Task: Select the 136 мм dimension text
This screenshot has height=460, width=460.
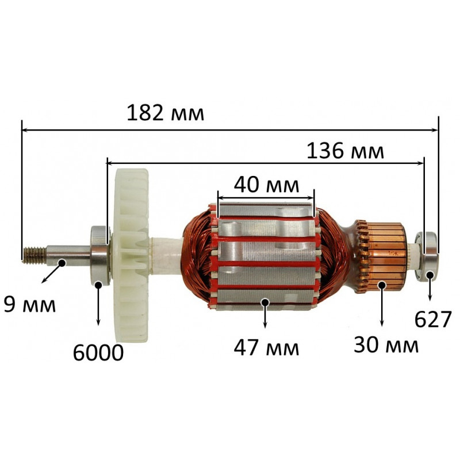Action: pyautogui.click(x=345, y=151)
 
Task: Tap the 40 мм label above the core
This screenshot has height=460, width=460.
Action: pyautogui.click(x=266, y=185)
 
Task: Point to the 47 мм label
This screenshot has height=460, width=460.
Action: pyautogui.click(x=266, y=348)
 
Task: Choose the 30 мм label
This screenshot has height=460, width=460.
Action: pyautogui.click(x=386, y=344)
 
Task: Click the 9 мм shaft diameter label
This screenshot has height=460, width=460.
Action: pyautogui.click(x=30, y=305)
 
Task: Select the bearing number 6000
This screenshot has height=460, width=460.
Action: pyautogui.click(x=98, y=352)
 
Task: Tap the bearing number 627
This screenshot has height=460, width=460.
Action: pyautogui.click(x=433, y=319)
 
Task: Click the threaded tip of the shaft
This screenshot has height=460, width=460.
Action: pyautogui.click(x=34, y=254)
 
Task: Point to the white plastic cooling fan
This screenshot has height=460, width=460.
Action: pyautogui.click(x=131, y=255)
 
